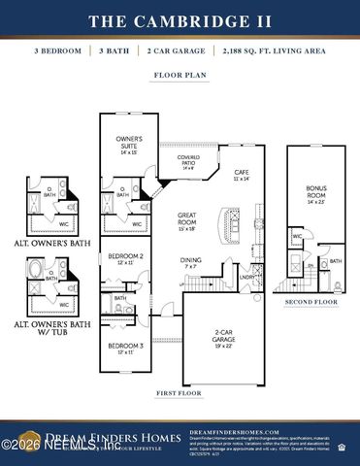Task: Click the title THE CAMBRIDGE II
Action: point(180,20)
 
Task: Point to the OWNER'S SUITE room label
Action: point(129,145)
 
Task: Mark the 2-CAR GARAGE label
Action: point(223,340)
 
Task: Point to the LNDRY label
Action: point(246,278)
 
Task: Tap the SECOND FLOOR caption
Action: point(311,302)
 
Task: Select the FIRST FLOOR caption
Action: point(179,393)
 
